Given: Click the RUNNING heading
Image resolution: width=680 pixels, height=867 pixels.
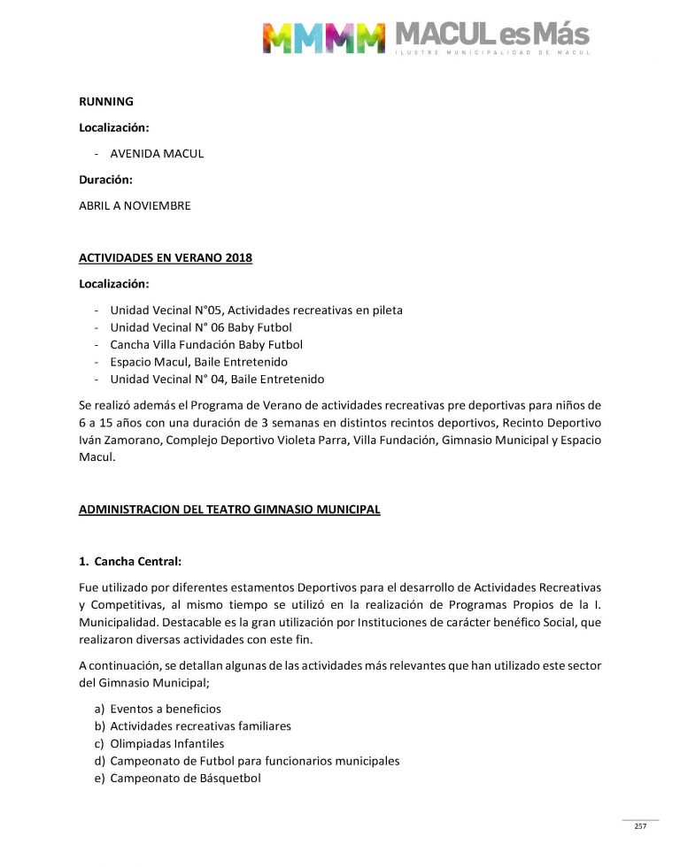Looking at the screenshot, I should [x=106, y=102].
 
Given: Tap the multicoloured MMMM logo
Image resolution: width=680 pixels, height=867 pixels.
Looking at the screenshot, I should [x=323, y=37].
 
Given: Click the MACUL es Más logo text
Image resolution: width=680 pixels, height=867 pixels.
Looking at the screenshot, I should [x=491, y=35].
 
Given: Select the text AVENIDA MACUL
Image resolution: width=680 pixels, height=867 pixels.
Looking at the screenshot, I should [x=157, y=153].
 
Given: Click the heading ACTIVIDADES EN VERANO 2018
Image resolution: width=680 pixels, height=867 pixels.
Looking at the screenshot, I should [x=166, y=257].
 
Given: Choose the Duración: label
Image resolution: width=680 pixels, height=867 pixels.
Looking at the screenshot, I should [x=105, y=180].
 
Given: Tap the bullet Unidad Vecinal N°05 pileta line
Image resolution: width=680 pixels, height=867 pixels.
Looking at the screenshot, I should [x=256, y=310].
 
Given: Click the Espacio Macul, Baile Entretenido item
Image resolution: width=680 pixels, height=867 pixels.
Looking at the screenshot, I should [x=198, y=362].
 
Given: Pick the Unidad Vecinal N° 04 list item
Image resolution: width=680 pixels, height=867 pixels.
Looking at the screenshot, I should [x=217, y=379].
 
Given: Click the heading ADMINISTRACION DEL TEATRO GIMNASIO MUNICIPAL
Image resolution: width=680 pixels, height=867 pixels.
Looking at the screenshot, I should [x=229, y=510].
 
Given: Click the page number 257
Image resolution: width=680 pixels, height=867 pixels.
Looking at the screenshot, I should [x=640, y=826].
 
